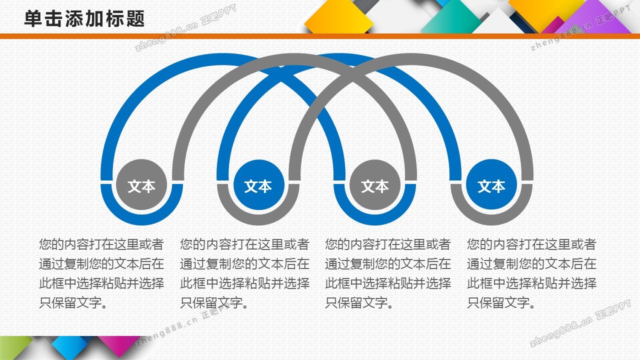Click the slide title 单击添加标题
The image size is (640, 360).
(x=84, y=19)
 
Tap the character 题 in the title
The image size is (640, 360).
(x=135, y=19)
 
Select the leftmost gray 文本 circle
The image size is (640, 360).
(x=141, y=185)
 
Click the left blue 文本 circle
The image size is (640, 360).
(x=258, y=185)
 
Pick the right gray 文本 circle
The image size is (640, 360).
(x=375, y=185)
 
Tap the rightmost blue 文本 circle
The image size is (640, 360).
(x=491, y=185)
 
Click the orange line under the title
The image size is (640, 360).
(x=320, y=36)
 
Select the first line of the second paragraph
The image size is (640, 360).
(x=244, y=244)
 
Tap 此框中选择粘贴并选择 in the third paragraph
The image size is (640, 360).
(x=388, y=283)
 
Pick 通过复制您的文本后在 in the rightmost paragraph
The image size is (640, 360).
(x=531, y=264)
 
